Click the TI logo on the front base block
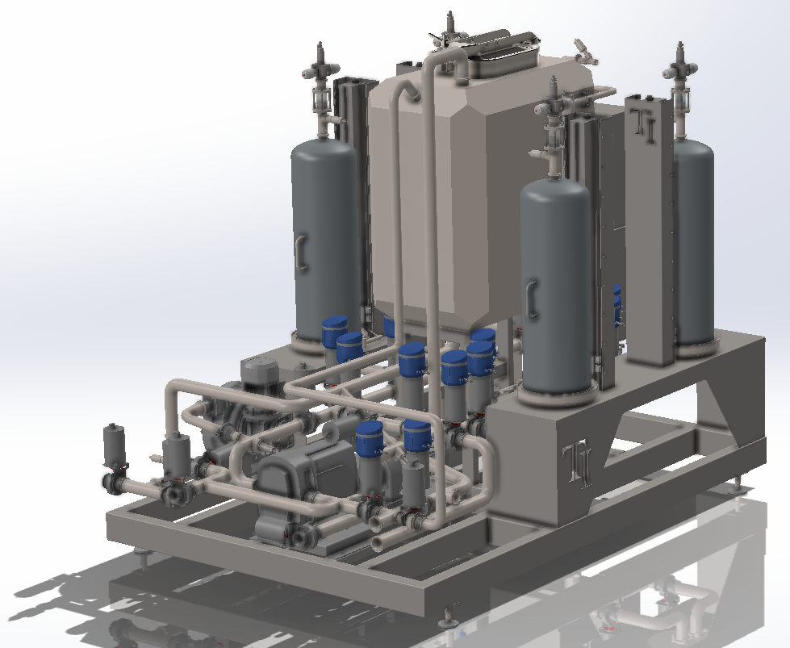click(578, 465)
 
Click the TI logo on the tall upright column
click(645, 127)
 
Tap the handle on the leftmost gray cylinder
click(301, 253)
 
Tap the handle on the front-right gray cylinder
click(532, 300)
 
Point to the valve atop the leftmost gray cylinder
click(320, 70)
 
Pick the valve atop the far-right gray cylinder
click(681, 76)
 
